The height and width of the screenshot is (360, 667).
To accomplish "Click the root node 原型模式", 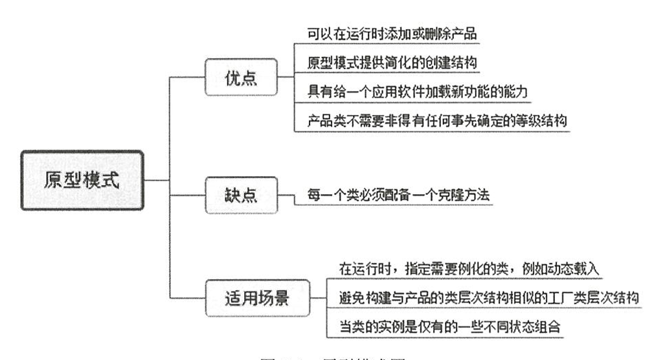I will click(x=82, y=179).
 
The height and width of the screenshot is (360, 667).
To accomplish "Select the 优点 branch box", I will click(x=241, y=77).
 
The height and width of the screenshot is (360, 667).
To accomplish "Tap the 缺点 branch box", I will click(x=241, y=195).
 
